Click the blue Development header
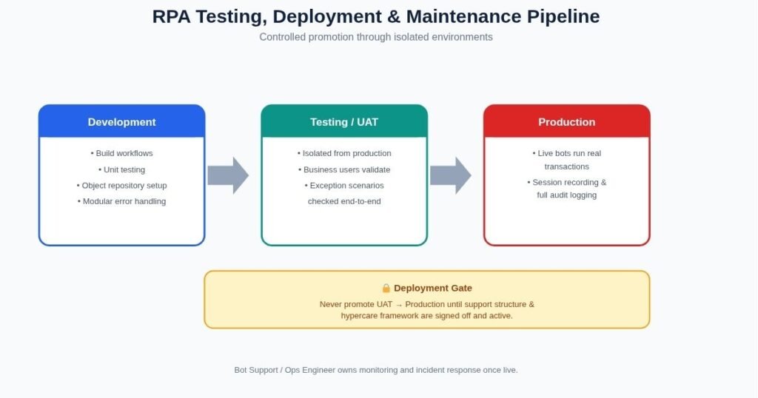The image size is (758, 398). [122, 121]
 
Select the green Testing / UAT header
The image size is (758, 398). [344, 121]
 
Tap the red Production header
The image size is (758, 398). [566, 121]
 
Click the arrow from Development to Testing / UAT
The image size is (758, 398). [228, 175]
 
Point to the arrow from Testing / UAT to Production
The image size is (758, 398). [451, 175]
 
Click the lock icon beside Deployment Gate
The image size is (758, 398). [386, 288]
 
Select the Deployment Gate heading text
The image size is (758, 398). [432, 288]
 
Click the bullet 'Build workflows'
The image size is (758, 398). [122, 153]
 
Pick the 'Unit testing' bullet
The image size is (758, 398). [122, 169]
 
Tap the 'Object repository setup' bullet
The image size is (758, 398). [122, 186]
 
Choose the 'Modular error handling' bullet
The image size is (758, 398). [122, 201]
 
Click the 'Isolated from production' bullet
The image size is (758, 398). [344, 153]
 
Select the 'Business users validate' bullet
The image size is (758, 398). [344, 169]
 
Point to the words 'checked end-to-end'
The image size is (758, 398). [344, 201]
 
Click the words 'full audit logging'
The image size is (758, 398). [566, 195]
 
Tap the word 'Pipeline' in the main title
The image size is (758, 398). [563, 16]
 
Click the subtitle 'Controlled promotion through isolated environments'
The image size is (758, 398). [376, 37]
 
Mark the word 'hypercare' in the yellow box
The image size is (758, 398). [359, 316]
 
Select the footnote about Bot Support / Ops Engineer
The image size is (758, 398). [376, 370]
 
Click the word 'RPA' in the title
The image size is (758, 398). [171, 16]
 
